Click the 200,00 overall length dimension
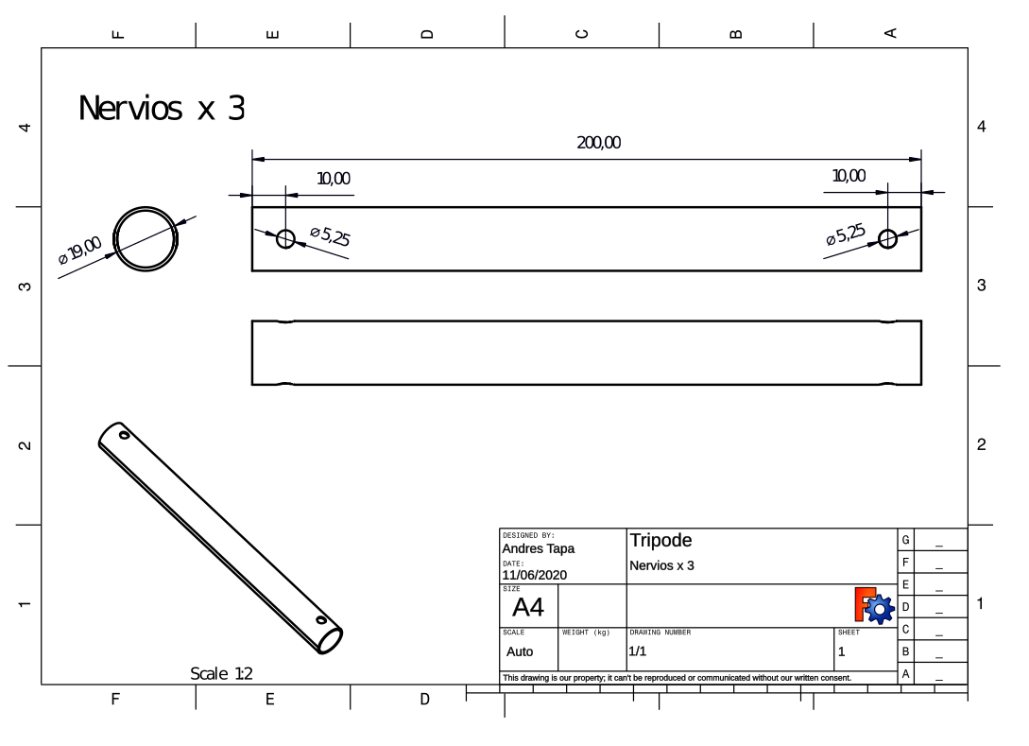(598, 143)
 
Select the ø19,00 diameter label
(80, 250)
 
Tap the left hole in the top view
(285, 239)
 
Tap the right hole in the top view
(887, 239)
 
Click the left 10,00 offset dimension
(334, 179)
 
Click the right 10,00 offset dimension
(849, 176)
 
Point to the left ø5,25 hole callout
(330, 235)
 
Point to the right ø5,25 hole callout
(846, 234)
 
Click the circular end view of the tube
(146, 207)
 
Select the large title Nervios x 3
(162, 109)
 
